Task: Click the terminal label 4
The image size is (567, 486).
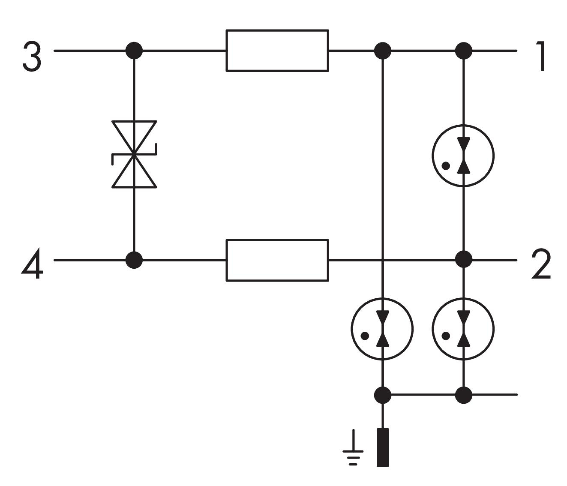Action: (x=33, y=264)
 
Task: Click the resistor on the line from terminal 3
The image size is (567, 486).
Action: (x=277, y=50)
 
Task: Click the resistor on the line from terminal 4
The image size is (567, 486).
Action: (x=277, y=260)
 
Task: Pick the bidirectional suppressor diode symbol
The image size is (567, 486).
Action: (x=134, y=154)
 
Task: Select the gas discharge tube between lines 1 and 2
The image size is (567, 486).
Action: (x=463, y=155)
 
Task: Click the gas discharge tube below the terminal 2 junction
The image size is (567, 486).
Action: (x=463, y=329)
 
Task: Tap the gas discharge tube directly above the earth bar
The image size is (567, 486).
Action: (x=382, y=329)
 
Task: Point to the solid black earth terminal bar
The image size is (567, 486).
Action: (x=383, y=447)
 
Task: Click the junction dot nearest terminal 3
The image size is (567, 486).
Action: (x=134, y=51)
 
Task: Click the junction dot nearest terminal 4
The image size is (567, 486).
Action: (x=134, y=260)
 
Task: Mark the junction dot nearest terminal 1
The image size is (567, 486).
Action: (x=463, y=51)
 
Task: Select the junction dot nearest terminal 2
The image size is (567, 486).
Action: (x=463, y=259)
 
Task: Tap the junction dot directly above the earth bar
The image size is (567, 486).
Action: (x=383, y=395)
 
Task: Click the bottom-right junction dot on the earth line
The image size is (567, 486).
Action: (x=463, y=395)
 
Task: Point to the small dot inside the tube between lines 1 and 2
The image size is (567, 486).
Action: (x=446, y=165)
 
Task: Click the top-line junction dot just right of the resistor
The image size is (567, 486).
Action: (x=383, y=51)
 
